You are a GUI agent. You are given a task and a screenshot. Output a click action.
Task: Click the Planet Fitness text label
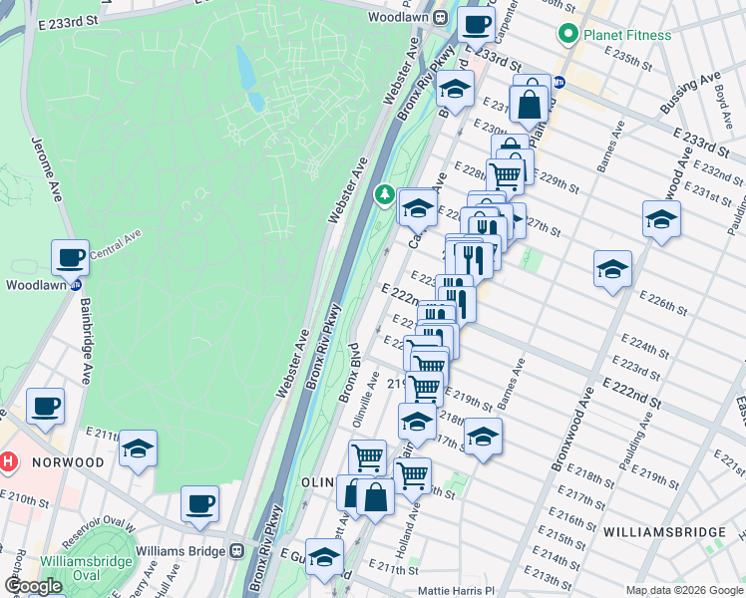[x=627, y=35]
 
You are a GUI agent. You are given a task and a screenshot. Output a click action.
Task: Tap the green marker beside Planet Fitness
[x=569, y=35]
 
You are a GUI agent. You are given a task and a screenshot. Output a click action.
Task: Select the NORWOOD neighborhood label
[x=67, y=462]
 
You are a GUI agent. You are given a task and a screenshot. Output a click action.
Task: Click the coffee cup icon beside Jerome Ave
[x=70, y=258]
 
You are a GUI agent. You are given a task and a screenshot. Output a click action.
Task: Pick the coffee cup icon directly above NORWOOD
[x=45, y=407]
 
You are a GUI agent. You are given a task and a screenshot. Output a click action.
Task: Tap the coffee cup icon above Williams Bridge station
[x=199, y=504]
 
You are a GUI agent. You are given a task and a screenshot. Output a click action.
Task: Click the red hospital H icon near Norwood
[x=8, y=462]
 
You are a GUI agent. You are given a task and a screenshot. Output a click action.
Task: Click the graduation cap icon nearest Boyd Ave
[x=661, y=219]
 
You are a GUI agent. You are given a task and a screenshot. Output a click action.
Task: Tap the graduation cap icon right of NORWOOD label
[x=138, y=448]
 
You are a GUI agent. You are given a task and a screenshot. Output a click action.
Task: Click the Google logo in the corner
[x=32, y=586]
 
